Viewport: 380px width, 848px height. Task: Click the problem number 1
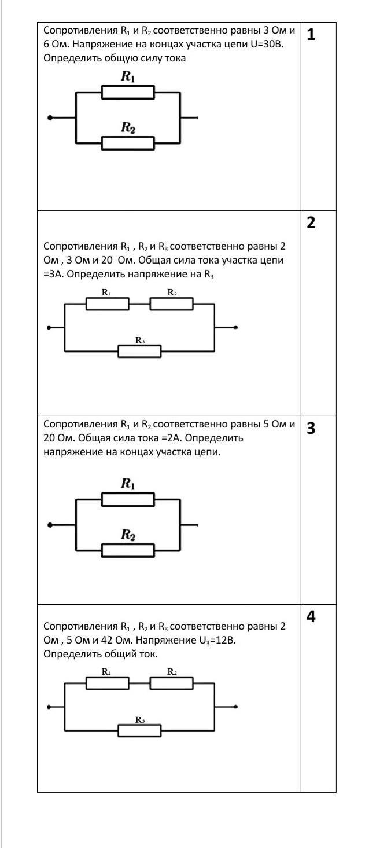pos(311,35)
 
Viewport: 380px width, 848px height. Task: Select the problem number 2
pos(311,223)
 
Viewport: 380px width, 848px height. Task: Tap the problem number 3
pos(311,429)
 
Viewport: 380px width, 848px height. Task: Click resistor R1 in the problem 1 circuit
pos(128,92)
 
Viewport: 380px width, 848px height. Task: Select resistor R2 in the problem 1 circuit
pos(128,143)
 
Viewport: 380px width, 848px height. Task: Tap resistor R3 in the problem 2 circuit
pos(139,351)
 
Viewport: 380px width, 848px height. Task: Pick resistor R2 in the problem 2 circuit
pos(171,303)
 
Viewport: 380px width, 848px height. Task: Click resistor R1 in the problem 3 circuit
pos(128,499)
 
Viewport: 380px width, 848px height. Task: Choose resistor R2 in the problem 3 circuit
pos(128,550)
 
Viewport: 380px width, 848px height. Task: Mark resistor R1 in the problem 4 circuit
pos(108,683)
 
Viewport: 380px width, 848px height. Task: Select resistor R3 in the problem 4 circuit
pos(139,730)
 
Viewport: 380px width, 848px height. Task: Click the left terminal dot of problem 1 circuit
pos(50,118)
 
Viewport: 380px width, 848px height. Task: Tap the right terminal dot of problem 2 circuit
pos(235,327)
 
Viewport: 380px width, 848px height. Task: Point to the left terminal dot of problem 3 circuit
pos(50,525)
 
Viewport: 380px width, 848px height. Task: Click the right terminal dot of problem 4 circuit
pos(235,707)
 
